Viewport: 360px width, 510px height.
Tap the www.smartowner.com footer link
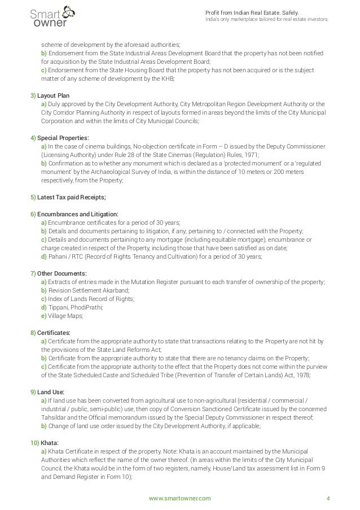tap(179, 498)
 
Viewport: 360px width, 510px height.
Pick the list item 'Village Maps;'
tap(67, 316)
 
